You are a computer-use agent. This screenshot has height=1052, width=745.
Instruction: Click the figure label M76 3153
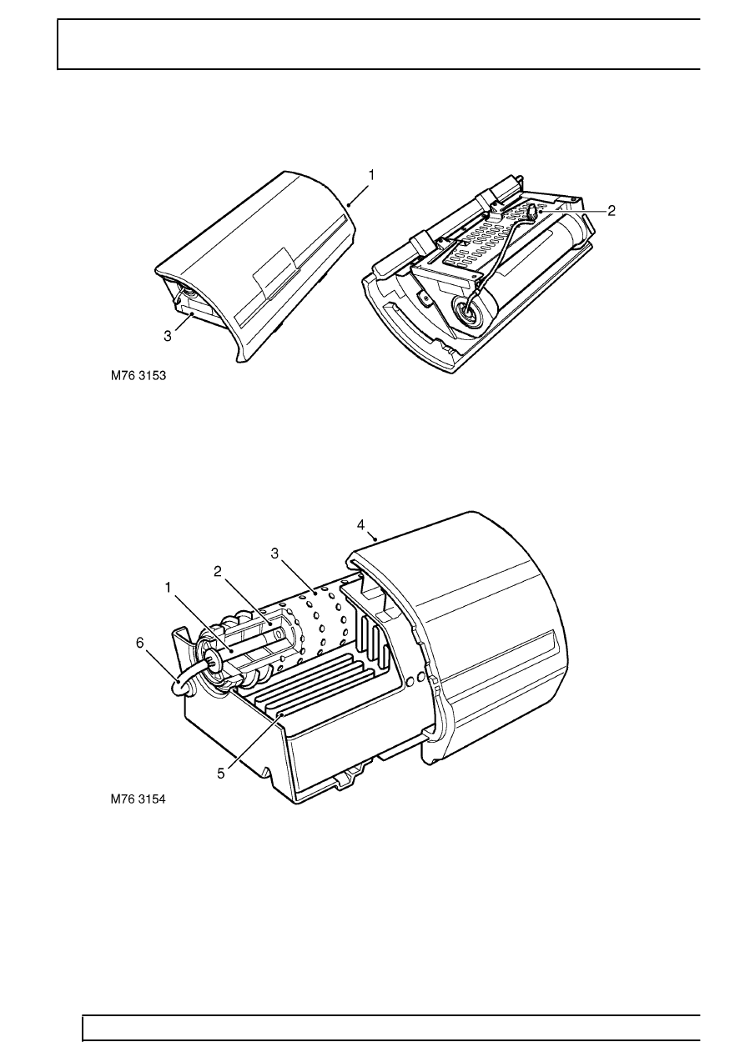tap(138, 376)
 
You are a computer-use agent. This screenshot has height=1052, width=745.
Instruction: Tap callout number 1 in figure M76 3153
tap(371, 175)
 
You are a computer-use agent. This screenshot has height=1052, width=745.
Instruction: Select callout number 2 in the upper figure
tap(611, 211)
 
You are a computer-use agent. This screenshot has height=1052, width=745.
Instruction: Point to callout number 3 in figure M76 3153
tap(168, 336)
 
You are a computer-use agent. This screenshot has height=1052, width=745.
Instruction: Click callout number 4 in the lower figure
tap(360, 525)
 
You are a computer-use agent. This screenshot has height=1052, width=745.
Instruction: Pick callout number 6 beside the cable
tap(140, 643)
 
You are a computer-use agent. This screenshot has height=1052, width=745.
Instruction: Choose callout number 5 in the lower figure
tap(221, 774)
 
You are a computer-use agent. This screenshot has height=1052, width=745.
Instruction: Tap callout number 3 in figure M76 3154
tap(274, 554)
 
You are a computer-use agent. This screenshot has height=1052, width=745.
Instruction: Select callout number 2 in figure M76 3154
tap(218, 572)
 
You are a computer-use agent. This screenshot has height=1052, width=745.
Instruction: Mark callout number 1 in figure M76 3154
tap(168, 588)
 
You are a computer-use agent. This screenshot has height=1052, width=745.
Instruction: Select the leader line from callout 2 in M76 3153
tap(572, 212)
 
